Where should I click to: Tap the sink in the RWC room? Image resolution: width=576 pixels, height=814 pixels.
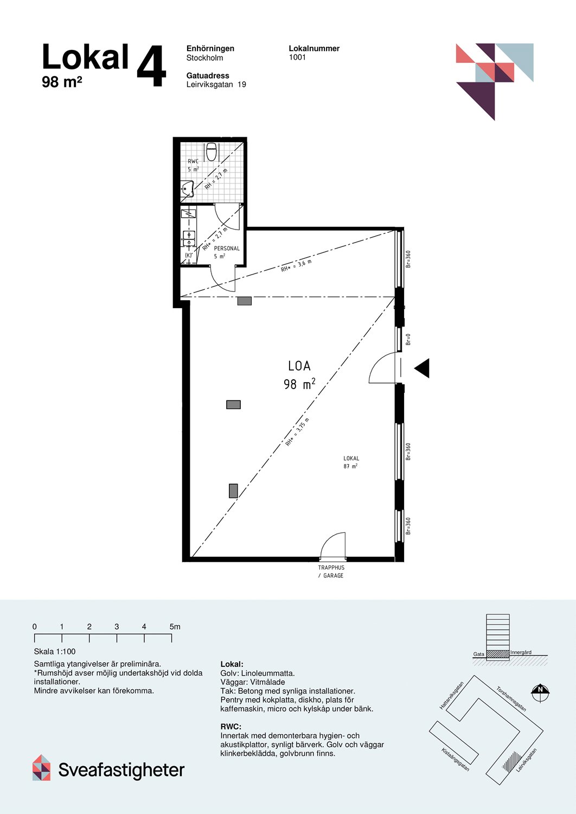[188, 189]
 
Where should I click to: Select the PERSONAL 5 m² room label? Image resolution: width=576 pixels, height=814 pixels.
[226, 252]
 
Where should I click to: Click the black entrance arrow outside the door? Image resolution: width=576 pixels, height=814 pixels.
[422, 368]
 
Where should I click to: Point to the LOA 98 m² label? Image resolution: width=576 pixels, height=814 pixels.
[299, 375]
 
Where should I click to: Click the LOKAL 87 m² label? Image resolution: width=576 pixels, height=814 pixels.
[351, 462]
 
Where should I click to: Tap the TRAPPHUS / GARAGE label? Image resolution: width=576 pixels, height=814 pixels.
[331, 571]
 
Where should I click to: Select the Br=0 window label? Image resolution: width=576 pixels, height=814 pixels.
[408, 339]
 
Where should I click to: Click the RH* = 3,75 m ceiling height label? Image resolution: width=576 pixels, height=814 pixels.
[297, 433]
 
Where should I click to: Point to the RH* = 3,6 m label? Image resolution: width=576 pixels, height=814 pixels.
[296, 266]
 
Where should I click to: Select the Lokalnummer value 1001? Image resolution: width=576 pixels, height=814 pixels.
[297, 58]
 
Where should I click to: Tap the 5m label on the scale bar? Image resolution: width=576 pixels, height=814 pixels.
[175, 627]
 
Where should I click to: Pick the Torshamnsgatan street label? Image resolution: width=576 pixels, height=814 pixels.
[511, 699]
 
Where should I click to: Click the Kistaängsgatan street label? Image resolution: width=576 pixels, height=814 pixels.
[455, 760]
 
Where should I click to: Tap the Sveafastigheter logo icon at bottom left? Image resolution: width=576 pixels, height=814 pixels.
[42, 768]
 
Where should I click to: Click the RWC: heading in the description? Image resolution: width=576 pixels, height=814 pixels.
[231, 727]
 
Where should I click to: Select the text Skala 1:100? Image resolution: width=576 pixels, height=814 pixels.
[55, 652]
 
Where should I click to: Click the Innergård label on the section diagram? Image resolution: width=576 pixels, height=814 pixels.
[521, 652]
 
